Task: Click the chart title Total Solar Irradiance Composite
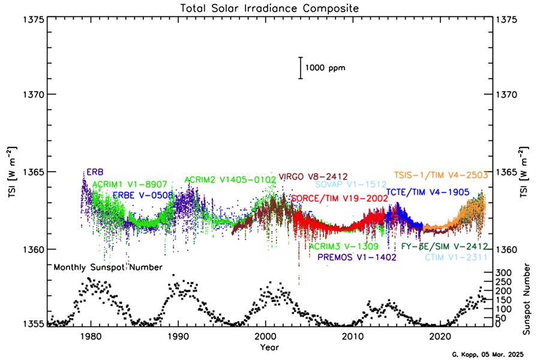[x=269, y=8]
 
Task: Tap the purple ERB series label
[x=95, y=172]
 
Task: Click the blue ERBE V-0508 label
[x=143, y=195]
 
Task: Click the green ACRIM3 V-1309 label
[x=343, y=246]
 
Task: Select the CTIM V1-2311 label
[x=456, y=257]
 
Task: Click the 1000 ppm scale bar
[x=301, y=68]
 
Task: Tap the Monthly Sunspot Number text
[x=108, y=268]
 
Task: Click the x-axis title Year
[x=269, y=347]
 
